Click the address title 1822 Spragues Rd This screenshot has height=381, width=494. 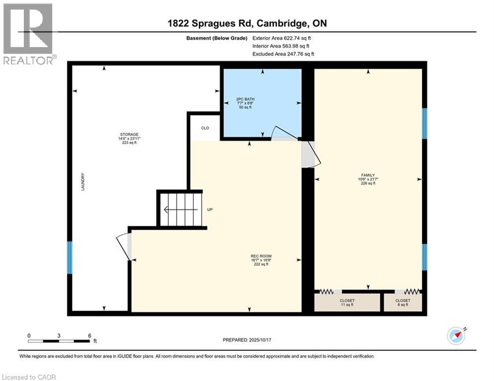[246, 23]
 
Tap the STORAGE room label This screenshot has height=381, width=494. [128, 138]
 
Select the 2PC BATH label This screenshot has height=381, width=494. [245, 103]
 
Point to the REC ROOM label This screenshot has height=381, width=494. [261, 260]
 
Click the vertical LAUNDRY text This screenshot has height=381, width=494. [84, 182]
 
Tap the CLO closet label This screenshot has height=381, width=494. [205, 128]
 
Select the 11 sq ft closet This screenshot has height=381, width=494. [347, 302]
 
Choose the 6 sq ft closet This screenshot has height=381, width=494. [403, 302]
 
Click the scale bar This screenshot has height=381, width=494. [59, 341]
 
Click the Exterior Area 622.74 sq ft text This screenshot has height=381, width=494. [282, 38]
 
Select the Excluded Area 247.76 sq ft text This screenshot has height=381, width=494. [283, 54]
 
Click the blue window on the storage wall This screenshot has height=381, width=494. [70, 257]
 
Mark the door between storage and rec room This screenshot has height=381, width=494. [124, 247]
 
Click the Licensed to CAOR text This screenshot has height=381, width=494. [29, 377]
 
